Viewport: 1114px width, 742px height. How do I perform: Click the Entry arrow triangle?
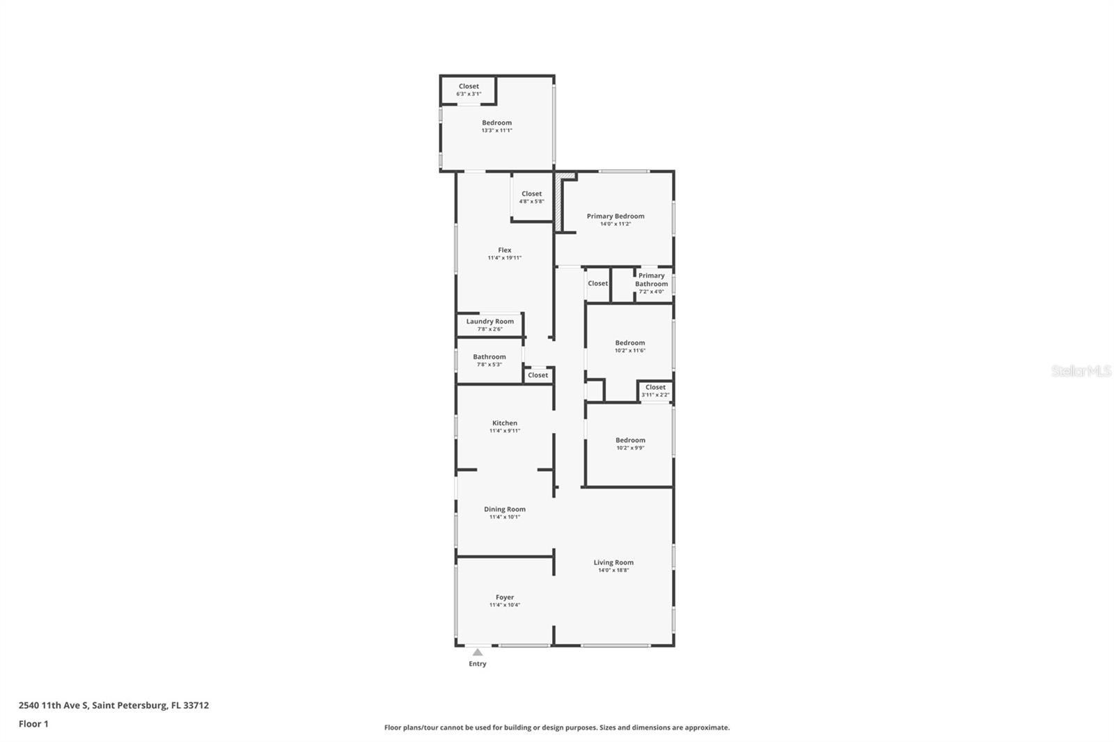tap(478, 652)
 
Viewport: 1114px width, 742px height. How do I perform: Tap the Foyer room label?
tap(505, 597)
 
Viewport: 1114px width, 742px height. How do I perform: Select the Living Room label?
tap(613, 562)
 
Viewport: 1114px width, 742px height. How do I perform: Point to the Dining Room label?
tap(505, 509)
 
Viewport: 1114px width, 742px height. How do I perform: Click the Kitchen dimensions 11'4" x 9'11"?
tap(505, 431)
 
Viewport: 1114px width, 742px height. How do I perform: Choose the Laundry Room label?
tap(490, 322)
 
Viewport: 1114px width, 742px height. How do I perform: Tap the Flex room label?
tap(505, 250)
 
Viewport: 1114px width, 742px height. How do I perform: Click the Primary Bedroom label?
tap(615, 216)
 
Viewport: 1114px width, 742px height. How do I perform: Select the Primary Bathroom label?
tap(652, 280)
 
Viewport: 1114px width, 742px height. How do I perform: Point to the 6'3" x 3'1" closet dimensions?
tap(469, 94)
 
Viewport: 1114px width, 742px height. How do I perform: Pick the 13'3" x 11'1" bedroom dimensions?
tap(497, 130)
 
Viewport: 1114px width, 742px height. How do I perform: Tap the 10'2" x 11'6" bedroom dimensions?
tap(630, 350)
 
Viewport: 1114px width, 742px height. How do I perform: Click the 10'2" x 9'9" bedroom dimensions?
tap(630, 448)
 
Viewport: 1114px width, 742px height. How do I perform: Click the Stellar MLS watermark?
tap(1081, 371)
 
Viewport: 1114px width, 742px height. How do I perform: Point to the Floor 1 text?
tap(33, 724)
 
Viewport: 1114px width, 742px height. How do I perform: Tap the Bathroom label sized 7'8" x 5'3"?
tap(489, 357)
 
